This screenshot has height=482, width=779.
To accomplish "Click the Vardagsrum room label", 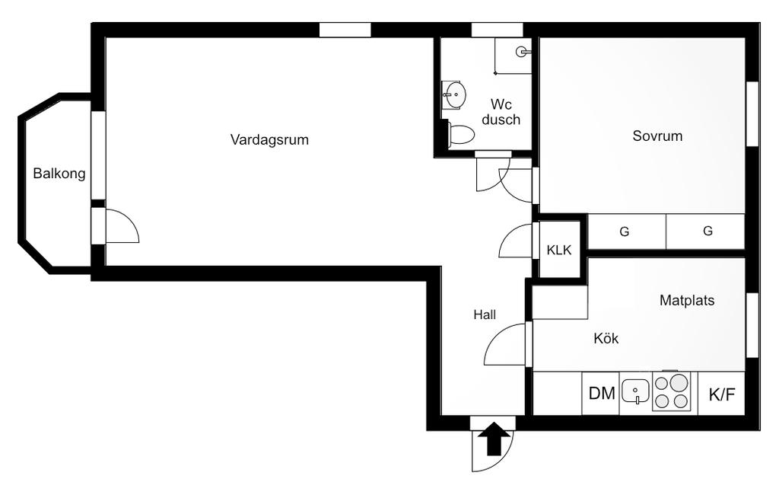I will click(x=269, y=140).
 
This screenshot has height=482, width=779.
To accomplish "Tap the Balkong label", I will click(x=59, y=174).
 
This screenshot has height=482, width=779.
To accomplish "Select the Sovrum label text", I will click(x=657, y=136).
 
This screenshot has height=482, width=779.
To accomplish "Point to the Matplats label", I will click(x=687, y=300).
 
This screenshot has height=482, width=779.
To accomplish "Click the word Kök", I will click(x=606, y=339).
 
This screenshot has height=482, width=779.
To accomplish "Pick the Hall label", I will click(x=485, y=314).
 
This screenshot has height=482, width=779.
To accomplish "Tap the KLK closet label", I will click(x=559, y=250).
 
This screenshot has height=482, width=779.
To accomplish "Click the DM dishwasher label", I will click(x=602, y=394).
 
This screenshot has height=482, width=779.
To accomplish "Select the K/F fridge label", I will click(x=722, y=394).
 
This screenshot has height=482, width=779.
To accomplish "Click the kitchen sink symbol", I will click(x=635, y=392).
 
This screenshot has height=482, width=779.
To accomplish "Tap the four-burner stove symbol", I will click(x=672, y=392).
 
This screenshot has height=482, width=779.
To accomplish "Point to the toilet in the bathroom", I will click(x=460, y=136).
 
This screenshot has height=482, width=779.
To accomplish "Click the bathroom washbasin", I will click(x=454, y=95).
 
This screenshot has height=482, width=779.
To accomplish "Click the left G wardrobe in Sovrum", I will click(x=625, y=231).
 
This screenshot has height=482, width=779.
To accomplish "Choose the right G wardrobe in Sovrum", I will click(x=707, y=231).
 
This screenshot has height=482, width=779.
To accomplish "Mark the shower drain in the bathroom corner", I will click(x=522, y=52).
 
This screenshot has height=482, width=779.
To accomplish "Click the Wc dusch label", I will click(x=501, y=112).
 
